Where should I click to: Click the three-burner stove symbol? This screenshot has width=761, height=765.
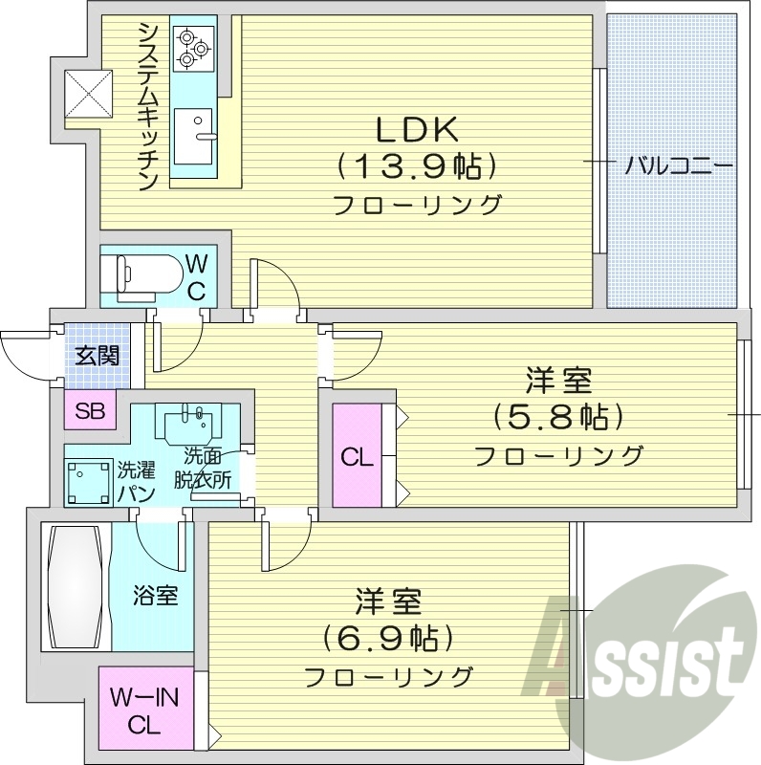(194, 47)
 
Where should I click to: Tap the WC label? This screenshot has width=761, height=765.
(197, 276)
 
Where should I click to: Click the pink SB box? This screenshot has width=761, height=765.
(90, 411)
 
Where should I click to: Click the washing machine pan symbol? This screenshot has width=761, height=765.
(87, 481)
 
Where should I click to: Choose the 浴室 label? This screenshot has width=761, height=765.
(153, 596)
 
